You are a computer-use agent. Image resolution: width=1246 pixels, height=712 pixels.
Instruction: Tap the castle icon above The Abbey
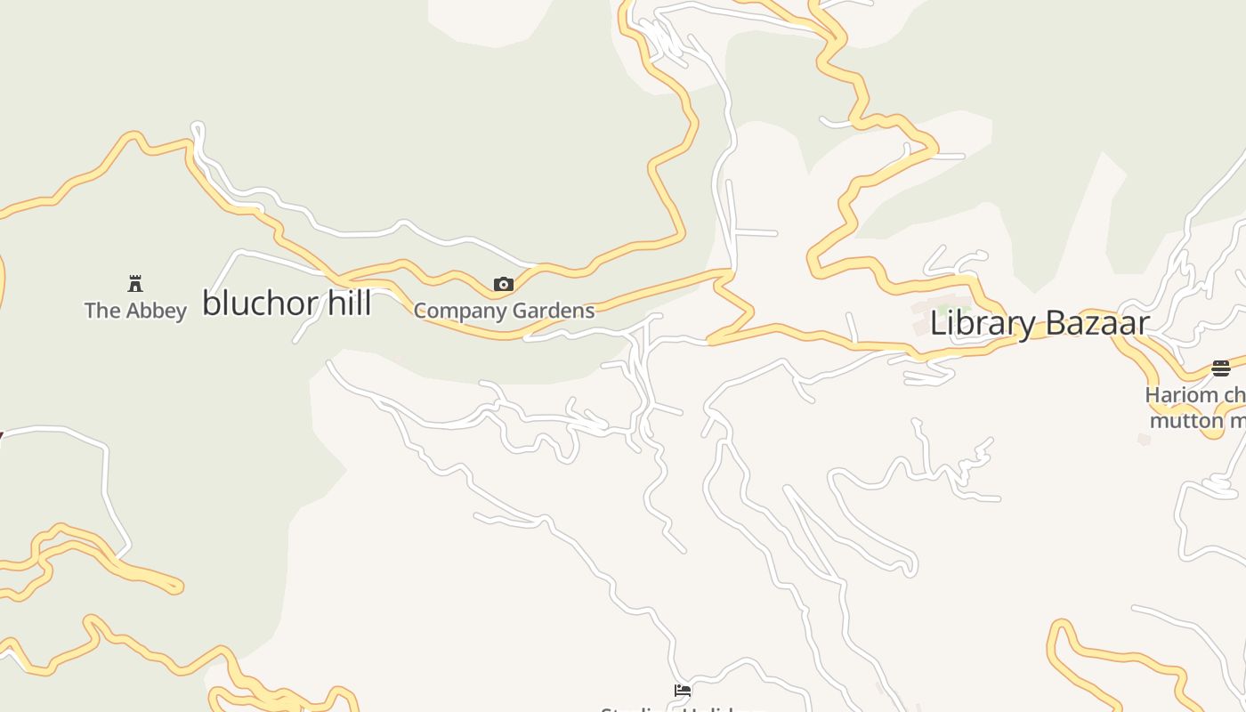click(135, 284)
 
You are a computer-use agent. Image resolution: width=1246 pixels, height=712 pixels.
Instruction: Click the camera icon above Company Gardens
click(504, 285)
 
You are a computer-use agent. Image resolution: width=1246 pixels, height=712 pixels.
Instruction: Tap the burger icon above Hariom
click(1221, 368)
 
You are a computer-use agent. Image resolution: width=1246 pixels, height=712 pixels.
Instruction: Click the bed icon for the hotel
click(683, 691)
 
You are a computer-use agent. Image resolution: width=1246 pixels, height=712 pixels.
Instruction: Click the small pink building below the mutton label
click(1145, 439)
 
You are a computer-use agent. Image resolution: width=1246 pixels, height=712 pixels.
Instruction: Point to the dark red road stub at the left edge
click(1, 436)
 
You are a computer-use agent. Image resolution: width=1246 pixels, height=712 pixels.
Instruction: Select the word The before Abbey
click(102, 311)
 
